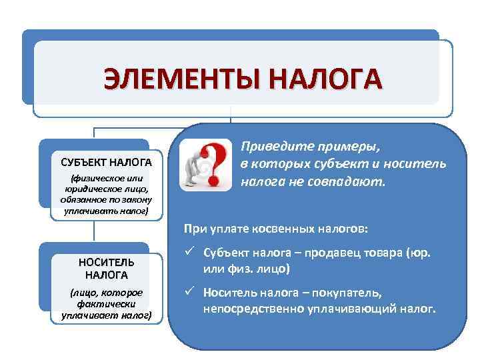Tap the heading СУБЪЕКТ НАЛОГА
[106, 162]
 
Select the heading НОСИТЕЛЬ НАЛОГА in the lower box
[106, 267]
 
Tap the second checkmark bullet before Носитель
[190, 292]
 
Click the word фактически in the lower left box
[106, 303]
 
